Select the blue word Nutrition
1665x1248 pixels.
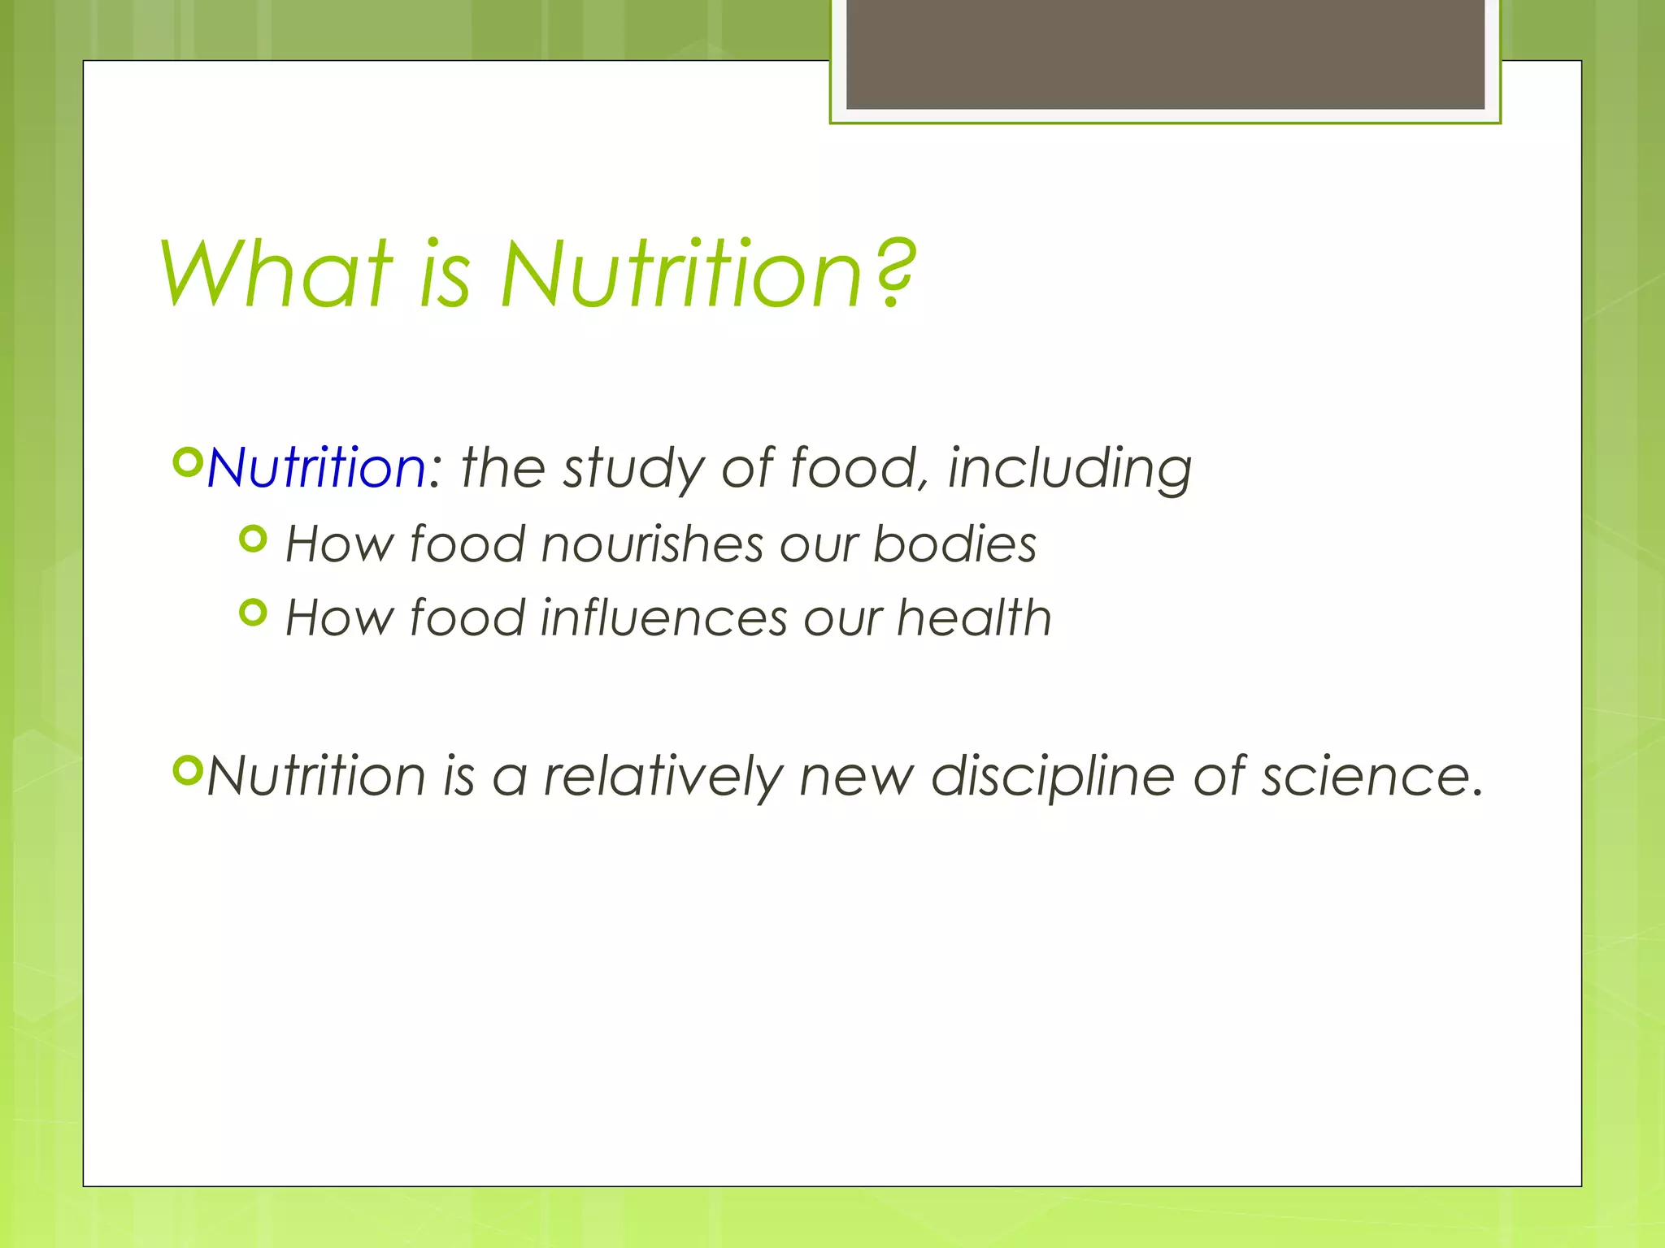point(315,469)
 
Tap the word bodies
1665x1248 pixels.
point(954,544)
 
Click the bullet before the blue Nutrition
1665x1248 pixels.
point(187,462)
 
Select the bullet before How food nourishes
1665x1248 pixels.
point(254,538)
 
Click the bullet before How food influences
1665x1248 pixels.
point(254,613)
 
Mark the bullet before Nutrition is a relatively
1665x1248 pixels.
point(187,770)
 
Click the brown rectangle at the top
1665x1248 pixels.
point(1165,54)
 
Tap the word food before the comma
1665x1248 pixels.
point(853,470)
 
